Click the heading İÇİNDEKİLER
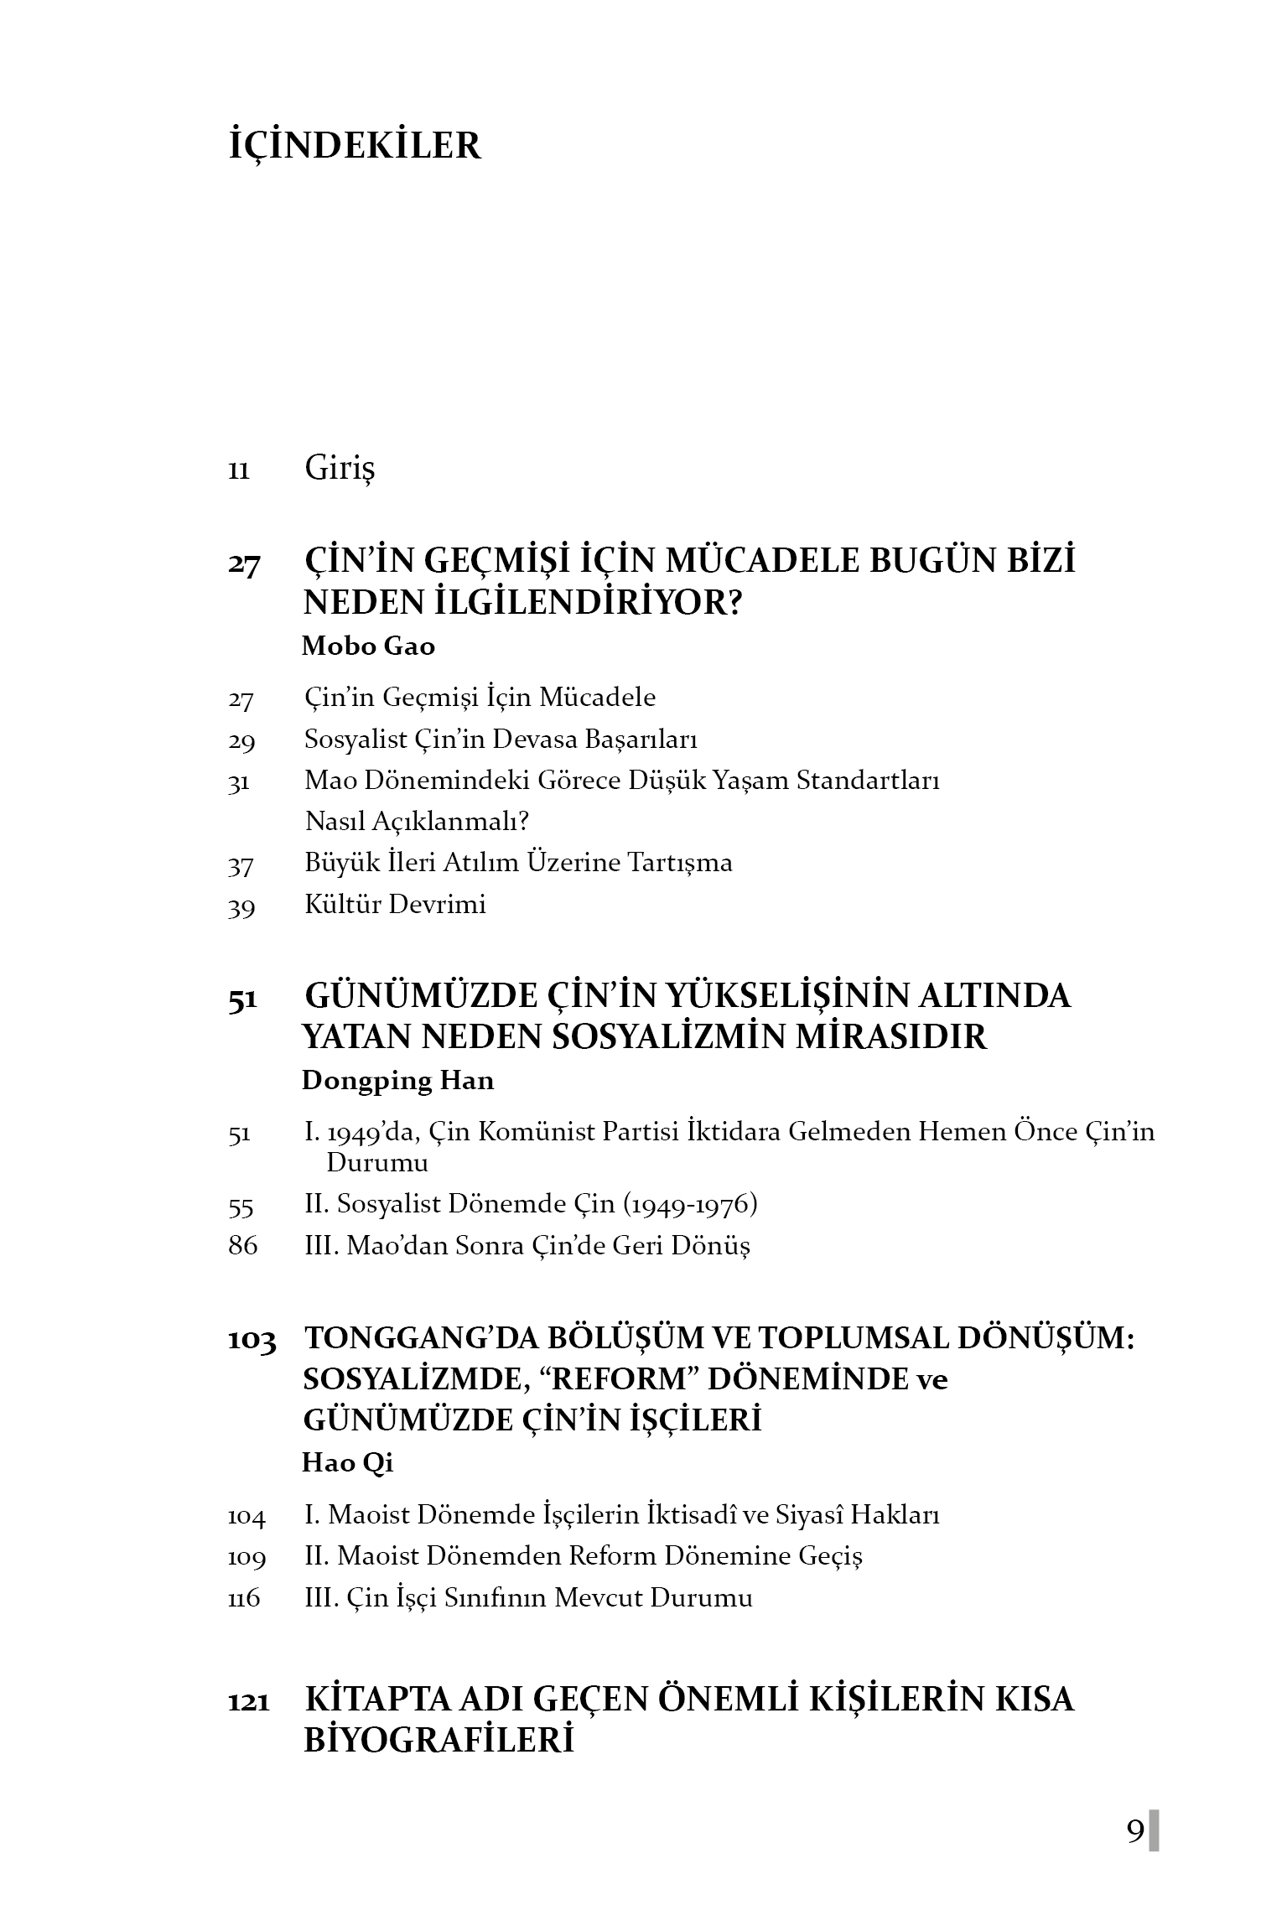pos(355,145)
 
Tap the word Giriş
pos(340,468)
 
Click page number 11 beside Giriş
pos(239,471)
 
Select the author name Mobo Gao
pos(368,646)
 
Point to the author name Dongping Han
pos(397,1080)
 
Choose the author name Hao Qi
pos(347,1462)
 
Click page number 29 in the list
pos(241,741)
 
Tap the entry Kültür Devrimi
pos(395,905)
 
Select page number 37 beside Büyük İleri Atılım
pos(241,865)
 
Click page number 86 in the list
pos(242,1246)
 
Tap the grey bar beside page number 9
pos(1154,1830)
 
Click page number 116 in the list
pos(244,1598)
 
